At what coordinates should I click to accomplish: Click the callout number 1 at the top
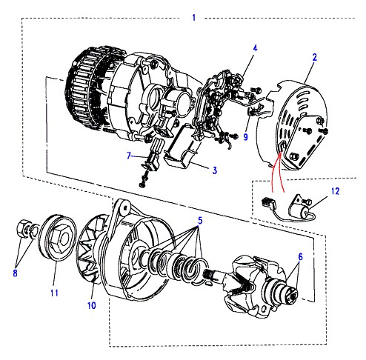click(x=194, y=18)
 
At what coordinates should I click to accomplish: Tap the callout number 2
click(x=314, y=57)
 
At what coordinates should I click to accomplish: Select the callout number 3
click(x=215, y=170)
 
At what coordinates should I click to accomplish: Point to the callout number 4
click(x=255, y=48)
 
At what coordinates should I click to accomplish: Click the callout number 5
click(x=200, y=221)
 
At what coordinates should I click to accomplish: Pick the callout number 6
click(x=300, y=257)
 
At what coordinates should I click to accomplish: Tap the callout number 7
click(x=128, y=156)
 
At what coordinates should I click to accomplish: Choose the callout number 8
click(x=15, y=273)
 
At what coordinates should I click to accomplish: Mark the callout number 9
click(x=245, y=137)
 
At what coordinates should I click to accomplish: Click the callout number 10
click(x=91, y=305)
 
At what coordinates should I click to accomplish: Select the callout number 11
click(x=54, y=293)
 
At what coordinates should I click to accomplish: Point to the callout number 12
click(x=335, y=191)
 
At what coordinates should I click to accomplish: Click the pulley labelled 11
click(x=58, y=238)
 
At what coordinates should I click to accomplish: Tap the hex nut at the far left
click(x=24, y=228)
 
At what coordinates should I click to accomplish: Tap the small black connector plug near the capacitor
click(x=267, y=203)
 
